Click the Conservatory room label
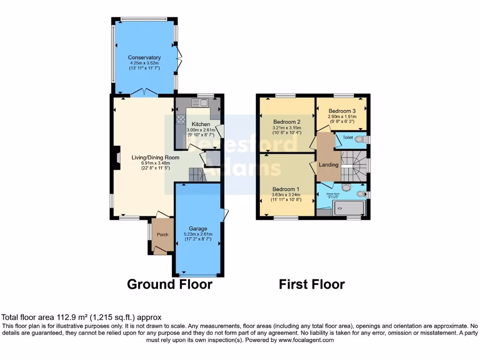click(x=144, y=58)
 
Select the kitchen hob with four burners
click(x=180, y=120)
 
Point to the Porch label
click(x=162, y=235)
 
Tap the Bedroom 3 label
click(x=342, y=111)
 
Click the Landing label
click(x=329, y=165)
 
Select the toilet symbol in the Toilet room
click(x=360, y=139)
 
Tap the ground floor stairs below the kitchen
click(x=197, y=176)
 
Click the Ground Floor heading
click(x=170, y=285)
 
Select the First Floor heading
click(x=312, y=285)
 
